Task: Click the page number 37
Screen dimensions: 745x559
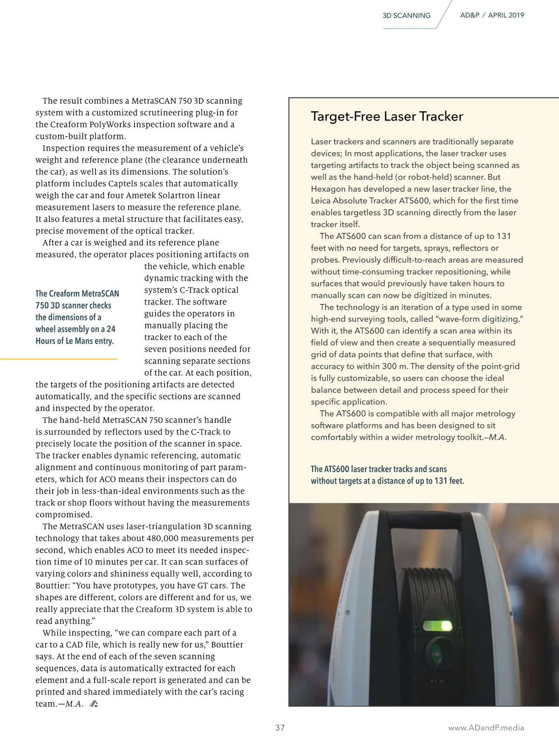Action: point(280,728)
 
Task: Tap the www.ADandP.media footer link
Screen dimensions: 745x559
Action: point(486,728)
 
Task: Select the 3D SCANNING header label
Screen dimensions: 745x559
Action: point(406,15)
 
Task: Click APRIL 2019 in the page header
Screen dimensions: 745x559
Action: point(506,15)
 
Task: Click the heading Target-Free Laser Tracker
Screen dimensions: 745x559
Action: point(387,116)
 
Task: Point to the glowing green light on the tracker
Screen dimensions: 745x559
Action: point(437,625)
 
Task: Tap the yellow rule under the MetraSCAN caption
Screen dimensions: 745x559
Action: point(59,359)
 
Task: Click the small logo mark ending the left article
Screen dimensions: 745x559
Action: point(94,704)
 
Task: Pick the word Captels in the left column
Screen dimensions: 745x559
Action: point(123,183)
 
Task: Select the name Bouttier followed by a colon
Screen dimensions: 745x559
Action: point(53,586)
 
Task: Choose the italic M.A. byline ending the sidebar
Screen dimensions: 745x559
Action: point(497,437)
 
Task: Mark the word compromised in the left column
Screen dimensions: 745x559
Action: point(64,515)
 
